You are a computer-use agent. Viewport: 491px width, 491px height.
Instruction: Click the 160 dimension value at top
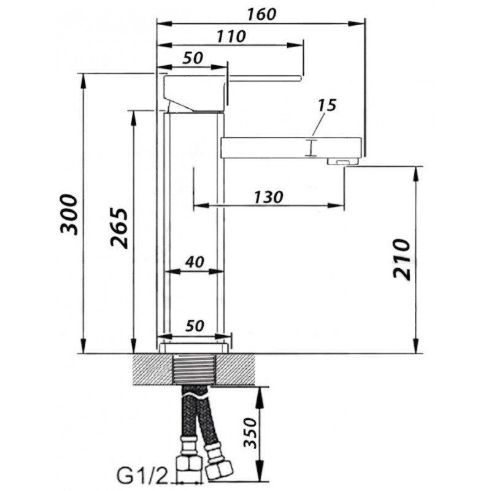pos(262,14)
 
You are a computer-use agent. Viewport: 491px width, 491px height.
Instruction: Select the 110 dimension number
pos(231,37)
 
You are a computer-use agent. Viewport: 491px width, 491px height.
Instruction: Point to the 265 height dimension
pos(120,228)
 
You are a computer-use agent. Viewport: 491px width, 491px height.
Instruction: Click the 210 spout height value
pos(402,259)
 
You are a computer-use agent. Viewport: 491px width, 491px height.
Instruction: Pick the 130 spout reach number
pos(268,197)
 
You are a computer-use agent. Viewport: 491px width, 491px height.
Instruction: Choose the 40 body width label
pos(195,262)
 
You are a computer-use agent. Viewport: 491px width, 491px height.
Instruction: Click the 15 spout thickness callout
pos(327,106)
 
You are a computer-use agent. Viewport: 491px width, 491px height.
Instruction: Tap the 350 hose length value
pos(250,433)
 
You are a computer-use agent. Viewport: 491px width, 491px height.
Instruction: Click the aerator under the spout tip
pos(343,161)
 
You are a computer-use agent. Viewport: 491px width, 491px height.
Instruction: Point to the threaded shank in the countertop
pos(195,369)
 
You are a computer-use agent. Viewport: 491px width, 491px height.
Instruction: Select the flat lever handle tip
pos(299,78)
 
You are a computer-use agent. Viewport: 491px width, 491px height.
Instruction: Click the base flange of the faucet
pos(194,348)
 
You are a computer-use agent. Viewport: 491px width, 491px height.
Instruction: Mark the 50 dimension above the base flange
pos(195,326)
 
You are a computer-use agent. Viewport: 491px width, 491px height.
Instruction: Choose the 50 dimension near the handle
pos(193,58)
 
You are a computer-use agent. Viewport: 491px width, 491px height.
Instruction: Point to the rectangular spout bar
pos(291,147)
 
